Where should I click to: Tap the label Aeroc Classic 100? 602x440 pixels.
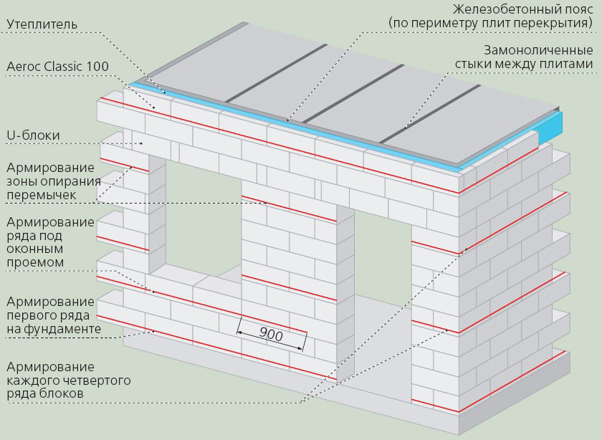pyautogui.click(x=57, y=67)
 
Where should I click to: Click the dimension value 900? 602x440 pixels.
pyautogui.click(x=270, y=335)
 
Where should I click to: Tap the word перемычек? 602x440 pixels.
pyautogui.click(x=40, y=195)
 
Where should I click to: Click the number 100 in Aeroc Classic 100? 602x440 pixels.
pyautogui.click(x=97, y=67)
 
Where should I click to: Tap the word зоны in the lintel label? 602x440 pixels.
pyautogui.click(x=21, y=181)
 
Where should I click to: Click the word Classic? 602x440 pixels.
pyautogui.click(x=63, y=67)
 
